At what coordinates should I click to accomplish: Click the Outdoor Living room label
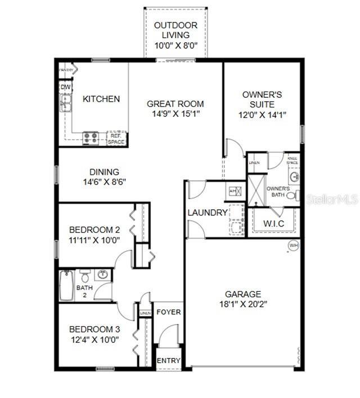point(175,30)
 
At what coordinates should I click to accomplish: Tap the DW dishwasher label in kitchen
point(66,88)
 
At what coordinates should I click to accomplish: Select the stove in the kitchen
point(91,138)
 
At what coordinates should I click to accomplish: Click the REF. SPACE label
point(116,139)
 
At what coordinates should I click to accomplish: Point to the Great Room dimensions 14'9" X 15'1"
point(175,114)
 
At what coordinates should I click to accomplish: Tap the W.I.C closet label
point(274,224)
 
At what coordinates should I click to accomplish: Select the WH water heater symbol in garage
point(292,245)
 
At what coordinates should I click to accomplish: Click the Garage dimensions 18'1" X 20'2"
point(243,304)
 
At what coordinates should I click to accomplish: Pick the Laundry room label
point(208,212)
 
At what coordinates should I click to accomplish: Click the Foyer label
point(168,312)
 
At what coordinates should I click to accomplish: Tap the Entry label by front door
point(169,360)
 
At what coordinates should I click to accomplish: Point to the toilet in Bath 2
point(85,275)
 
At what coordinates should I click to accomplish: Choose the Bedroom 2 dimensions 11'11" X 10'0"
point(94,240)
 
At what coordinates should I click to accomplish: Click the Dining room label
point(104,172)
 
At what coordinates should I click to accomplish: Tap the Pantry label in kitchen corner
point(67,70)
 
